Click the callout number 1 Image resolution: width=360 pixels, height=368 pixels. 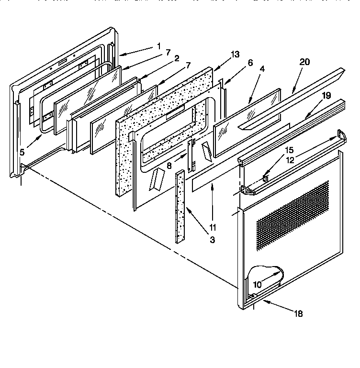158,47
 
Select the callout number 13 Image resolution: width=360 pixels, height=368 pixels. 235,54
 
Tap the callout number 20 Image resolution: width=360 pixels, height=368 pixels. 305,62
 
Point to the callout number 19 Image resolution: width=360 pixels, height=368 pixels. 326,95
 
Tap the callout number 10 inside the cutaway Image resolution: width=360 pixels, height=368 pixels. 257,284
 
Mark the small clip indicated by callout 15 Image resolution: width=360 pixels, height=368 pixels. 266,178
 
